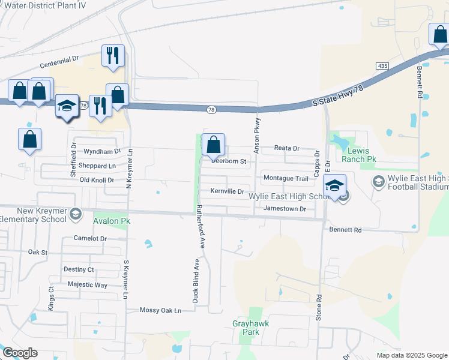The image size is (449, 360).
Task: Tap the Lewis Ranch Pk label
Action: point(360,155)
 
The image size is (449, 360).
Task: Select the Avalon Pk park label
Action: point(112,220)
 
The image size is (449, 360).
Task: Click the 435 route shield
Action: point(382,65)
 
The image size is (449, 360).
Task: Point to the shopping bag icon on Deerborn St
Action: point(213,145)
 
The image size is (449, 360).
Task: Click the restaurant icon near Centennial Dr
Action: point(113,56)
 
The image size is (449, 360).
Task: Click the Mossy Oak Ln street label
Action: point(160,310)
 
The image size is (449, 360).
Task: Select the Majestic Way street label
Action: point(88,284)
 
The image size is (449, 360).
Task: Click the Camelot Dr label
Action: point(90,238)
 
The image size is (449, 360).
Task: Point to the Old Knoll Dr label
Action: point(97,180)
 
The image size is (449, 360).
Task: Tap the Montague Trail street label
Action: point(286,178)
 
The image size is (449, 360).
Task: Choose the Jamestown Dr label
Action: point(285,209)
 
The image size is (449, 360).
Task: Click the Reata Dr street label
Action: point(286,148)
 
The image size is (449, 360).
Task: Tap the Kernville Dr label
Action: point(227,191)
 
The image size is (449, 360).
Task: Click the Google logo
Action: point(20,353)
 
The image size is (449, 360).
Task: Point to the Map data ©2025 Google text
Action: point(411,355)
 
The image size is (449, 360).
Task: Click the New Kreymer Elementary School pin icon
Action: point(76,213)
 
